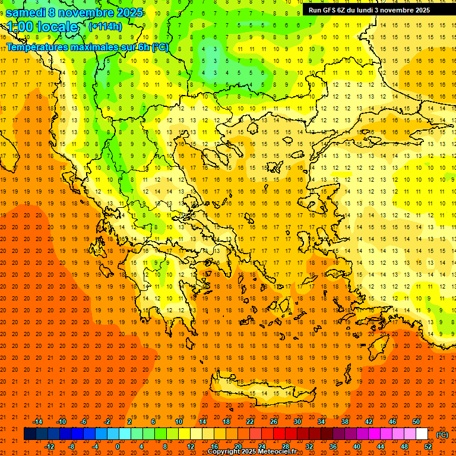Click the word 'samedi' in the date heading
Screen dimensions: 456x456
[26, 12]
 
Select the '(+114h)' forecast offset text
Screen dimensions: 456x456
[105, 26]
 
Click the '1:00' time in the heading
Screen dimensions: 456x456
[21, 27]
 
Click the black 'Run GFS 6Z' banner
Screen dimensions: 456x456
[374, 9]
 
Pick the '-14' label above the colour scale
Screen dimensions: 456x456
[37, 422]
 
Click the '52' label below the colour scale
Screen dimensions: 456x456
[428, 446]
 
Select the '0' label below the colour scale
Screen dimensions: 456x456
[118, 446]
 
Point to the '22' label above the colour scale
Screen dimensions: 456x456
[250, 422]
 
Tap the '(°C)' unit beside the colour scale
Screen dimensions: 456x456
[442, 435]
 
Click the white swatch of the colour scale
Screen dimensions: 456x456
[422, 434]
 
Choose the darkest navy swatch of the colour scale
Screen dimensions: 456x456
[30, 434]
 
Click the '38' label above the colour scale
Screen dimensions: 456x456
[344, 422]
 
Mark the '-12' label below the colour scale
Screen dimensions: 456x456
[49, 446]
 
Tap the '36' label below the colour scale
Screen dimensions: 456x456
[332, 446]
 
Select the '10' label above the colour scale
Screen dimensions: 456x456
[179, 422]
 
